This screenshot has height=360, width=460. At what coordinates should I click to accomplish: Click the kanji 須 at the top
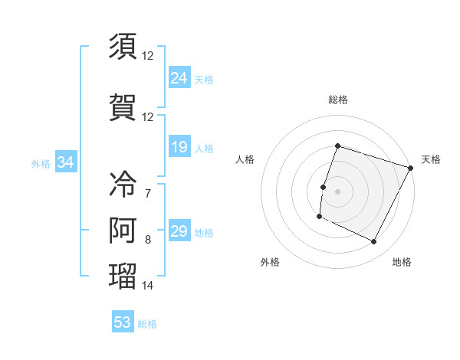[123, 47]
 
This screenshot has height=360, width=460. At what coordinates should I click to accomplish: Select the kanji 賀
[123, 108]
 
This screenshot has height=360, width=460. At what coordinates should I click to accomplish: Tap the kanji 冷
[123, 185]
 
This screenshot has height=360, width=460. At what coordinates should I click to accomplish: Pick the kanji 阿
[123, 230]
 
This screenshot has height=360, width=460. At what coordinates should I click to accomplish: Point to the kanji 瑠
[123, 276]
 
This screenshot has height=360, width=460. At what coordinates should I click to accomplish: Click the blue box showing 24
[179, 77]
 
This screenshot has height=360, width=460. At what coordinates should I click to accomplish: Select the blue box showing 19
[179, 147]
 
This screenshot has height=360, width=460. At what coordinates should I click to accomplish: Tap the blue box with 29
[179, 231]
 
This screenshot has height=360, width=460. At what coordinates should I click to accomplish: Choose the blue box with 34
[66, 162]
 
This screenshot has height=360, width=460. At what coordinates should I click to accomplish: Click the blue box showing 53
[123, 322]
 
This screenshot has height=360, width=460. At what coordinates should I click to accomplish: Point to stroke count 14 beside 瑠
[147, 286]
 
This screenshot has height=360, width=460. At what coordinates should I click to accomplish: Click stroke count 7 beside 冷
[147, 193]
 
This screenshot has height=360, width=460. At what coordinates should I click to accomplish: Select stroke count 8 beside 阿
[147, 240]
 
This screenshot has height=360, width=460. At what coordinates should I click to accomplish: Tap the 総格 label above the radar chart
[337, 100]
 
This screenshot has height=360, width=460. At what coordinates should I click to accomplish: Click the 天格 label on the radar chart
[431, 159]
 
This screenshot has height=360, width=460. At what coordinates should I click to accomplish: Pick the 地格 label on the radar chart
[402, 262]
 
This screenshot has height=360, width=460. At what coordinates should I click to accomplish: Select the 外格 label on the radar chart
[270, 262]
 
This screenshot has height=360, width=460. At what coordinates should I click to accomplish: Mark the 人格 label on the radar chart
[245, 159]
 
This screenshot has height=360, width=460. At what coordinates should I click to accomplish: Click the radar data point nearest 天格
[411, 168]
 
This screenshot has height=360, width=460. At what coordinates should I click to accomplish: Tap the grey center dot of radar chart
[337, 191]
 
